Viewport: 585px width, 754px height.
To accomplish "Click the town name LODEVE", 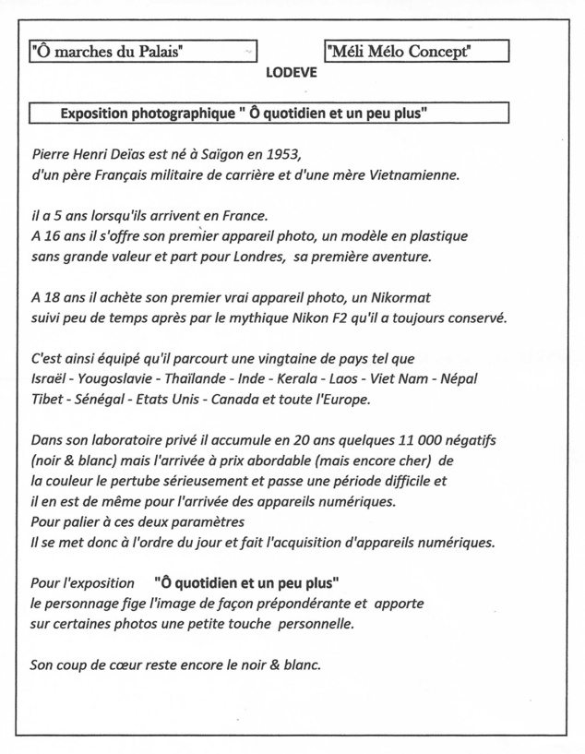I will (x=291, y=74).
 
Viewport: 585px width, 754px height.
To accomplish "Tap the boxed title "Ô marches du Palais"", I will (x=107, y=52).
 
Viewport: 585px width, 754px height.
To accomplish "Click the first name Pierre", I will (x=52, y=153).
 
